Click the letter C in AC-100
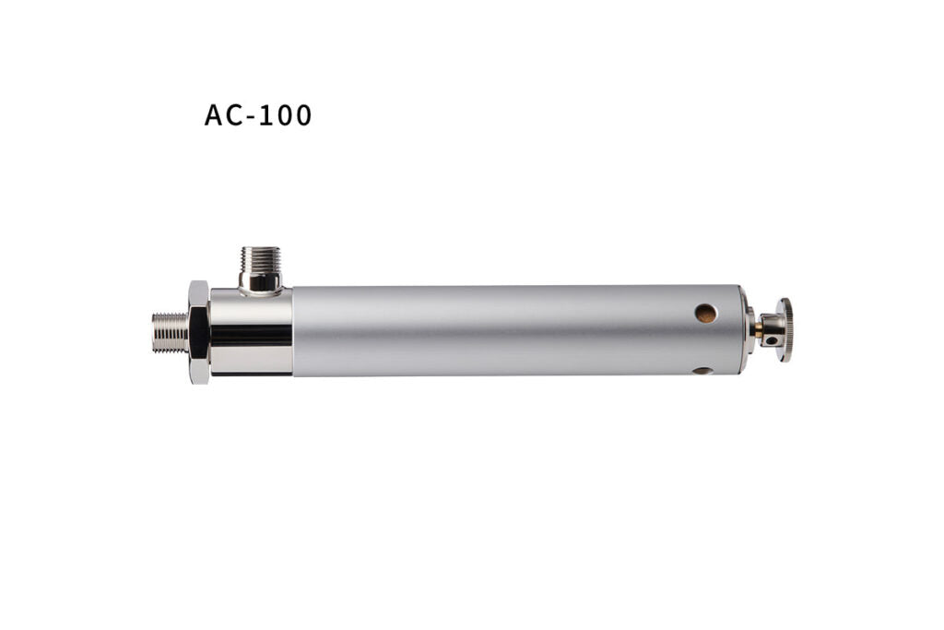tap(238, 116)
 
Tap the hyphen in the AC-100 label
tap(255, 118)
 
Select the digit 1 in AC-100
tap(268, 116)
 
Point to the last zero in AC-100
tap(302, 116)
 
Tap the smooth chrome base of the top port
tap(260, 281)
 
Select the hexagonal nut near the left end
tap(197, 332)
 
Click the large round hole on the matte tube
tap(705, 314)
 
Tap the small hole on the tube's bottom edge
tap(702, 371)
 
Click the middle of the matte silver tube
tap(516, 330)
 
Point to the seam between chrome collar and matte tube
tap(292, 330)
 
